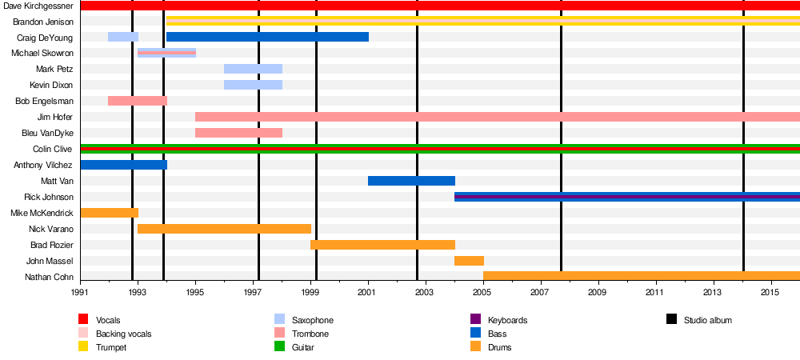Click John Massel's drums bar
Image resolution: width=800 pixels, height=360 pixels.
[469, 261]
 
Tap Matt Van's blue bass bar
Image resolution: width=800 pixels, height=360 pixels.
[411, 181]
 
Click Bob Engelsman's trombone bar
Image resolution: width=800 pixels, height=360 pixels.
[138, 101]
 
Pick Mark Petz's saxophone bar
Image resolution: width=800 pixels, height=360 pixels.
[253, 69]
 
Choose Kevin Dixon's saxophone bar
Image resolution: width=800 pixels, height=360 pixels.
[253, 85]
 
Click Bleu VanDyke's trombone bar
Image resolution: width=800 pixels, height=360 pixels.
[238, 133]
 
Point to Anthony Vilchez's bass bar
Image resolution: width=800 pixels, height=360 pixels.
[124, 165]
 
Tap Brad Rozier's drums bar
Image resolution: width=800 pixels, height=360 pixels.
[382, 245]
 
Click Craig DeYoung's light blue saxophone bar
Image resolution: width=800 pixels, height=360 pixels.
[123, 37]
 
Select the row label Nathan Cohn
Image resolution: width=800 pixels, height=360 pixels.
[50, 277]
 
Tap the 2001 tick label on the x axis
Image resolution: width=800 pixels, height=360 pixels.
[368, 294]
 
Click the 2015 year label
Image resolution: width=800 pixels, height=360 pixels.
[771, 294]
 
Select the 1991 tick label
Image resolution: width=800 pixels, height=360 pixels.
[81, 294]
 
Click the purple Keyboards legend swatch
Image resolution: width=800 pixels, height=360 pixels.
[475, 320]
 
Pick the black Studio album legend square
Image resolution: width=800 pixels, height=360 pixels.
[671, 320]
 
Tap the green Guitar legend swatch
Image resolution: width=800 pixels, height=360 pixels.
[279, 347]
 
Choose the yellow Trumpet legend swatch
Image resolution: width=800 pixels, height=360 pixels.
[83, 347]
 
